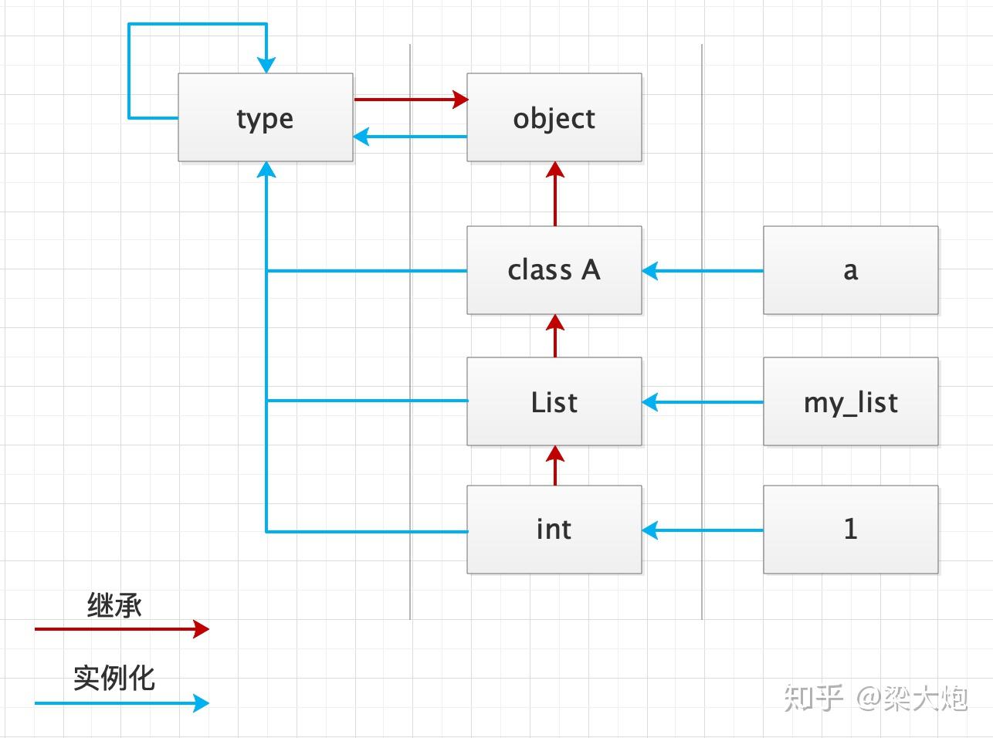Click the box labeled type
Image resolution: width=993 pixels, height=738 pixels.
[x=266, y=117]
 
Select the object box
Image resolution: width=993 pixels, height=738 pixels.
[x=554, y=117]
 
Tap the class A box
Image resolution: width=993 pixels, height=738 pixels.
[x=554, y=270]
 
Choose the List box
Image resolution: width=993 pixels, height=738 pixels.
[x=554, y=401]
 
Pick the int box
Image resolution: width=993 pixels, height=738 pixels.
[x=554, y=530]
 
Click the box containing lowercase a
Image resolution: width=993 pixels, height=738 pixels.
[x=851, y=270]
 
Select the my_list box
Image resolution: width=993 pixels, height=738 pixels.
[x=851, y=401]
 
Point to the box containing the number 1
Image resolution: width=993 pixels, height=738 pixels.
[x=851, y=530]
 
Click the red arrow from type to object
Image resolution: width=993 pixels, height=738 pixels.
[x=411, y=99]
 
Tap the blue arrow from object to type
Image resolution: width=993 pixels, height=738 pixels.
[x=410, y=137]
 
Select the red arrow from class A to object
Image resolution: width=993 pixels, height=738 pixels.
[x=555, y=194]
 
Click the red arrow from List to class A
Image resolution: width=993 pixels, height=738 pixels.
[x=555, y=336]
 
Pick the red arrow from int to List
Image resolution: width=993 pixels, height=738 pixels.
[x=555, y=465]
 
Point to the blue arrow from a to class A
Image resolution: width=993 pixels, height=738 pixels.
[x=703, y=271]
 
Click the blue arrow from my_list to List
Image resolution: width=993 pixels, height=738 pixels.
[x=703, y=402]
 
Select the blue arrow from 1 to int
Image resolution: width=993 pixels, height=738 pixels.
[x=703, y=530]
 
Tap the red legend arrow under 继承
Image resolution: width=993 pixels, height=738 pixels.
[x=122, y=629]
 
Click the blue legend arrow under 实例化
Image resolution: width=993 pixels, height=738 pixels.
[x=122, y=703]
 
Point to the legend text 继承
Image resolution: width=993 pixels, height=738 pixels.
[x=114, y=605]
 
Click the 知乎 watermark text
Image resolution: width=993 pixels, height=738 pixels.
[x=813, y=698]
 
